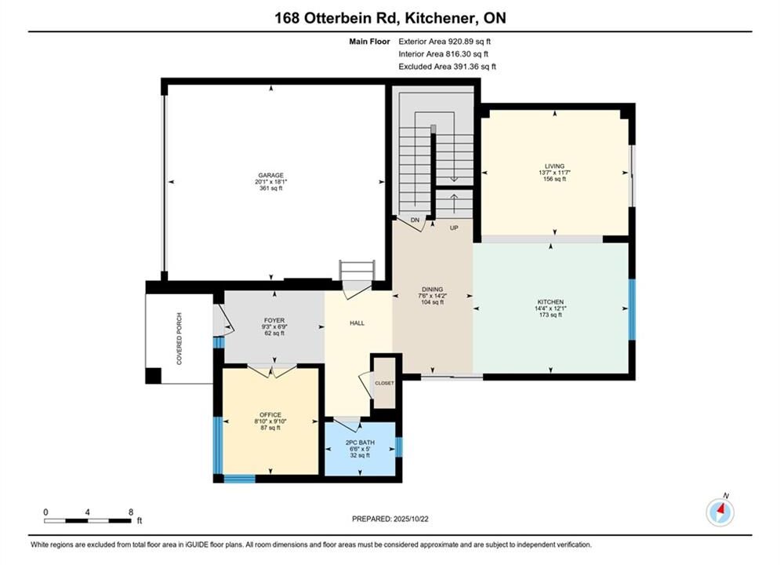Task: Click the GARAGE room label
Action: [270, 175]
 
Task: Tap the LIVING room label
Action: [555, 166]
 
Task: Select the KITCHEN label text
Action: [550, 302]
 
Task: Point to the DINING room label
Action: [432, 290]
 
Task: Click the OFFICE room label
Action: [270, 414]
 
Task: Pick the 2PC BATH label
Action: [360, 443]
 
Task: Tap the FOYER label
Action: [274, 321]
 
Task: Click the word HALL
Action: [357, 323]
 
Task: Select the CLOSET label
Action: [385, 383]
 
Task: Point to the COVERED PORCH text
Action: [179, 338]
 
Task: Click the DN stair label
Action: [415, 220]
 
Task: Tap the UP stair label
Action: [454, 228]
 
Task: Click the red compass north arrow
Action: [720, 509]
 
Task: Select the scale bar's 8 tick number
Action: [131, 512]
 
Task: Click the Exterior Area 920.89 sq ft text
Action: [444, 42]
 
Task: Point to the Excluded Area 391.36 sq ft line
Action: [447, 67]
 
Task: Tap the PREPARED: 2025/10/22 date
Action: [390, 519]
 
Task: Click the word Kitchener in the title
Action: [437, 18]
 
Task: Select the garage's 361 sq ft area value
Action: [270, 188]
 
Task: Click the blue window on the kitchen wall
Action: [632, 310]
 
